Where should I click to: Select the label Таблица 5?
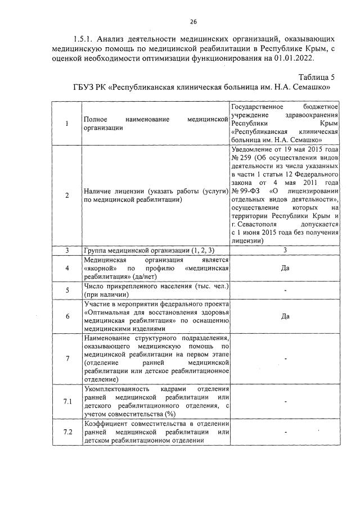click(317, 78)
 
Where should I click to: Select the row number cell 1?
click(67, 124)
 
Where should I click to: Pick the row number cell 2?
click(67, 196)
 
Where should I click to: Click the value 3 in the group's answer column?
click(285, 250)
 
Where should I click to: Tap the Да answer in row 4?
click(285, 268)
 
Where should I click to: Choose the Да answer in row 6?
click(285, 316)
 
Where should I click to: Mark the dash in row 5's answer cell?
click(285, 291)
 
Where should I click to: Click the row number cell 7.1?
click(67, 401)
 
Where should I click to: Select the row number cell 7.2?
click(67, 432)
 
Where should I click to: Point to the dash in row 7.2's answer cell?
click(285, 432)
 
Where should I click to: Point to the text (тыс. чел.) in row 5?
click(208, 286)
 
